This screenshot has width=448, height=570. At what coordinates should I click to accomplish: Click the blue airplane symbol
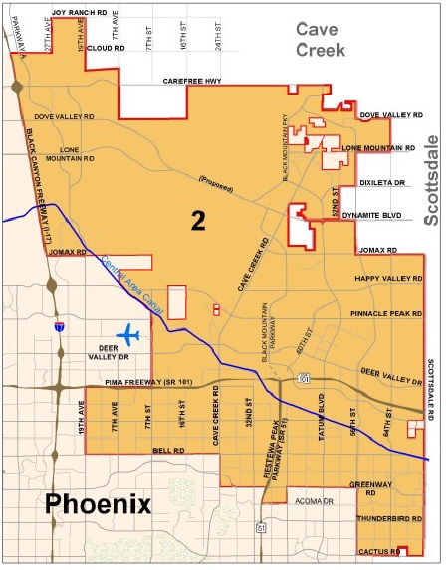tap(129, 335)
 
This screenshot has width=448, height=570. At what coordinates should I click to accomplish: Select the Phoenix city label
tap(99, 503)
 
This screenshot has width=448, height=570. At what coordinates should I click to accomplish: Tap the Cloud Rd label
tap(105, 47)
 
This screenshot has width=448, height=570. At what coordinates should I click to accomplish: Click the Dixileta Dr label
tap(382, 183)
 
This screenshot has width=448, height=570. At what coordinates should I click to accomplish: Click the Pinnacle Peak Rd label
tap(386, 313)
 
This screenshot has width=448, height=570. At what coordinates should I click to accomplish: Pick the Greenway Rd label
tap(368, 488)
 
